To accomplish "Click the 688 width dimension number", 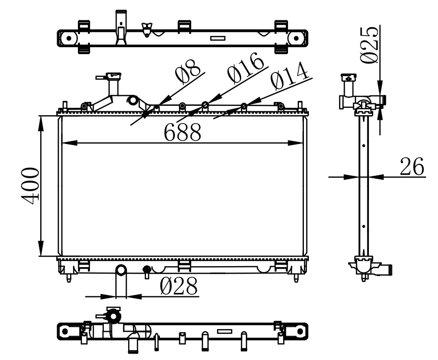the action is click(x=182, y=132).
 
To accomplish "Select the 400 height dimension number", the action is click(x=30, y=186).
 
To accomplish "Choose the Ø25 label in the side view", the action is click(x=369, y=45).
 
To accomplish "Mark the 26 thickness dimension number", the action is click(x=412, y=166).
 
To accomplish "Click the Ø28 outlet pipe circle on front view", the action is click(x=121, y=270).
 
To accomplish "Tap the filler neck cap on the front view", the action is click(x=113, y=75).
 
